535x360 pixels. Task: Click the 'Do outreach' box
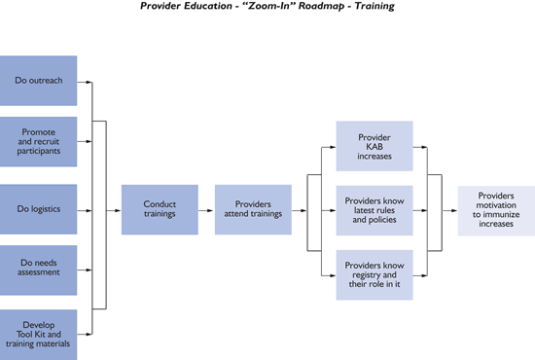[x=39, y=81]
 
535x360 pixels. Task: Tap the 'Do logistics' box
[x=39, y=208]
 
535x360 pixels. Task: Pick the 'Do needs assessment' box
[x=39, y=266]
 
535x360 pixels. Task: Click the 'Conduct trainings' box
[x=159, y=209]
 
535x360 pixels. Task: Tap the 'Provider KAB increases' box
[x=374, y=146]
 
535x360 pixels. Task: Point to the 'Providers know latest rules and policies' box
[x=374, y=209]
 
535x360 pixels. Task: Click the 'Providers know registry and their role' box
[x=374, y=274]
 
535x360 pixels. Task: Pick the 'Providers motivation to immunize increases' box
[x=496, y=209]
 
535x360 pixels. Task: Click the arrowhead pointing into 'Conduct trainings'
[x=117, y=209]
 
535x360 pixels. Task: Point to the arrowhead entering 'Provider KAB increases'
[x=332, y=146]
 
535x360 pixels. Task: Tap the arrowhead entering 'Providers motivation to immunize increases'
[x=453, y=209]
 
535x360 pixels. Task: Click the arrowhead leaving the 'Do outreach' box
[x=89, y=82]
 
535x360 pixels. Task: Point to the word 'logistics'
[x=44, y=208]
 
